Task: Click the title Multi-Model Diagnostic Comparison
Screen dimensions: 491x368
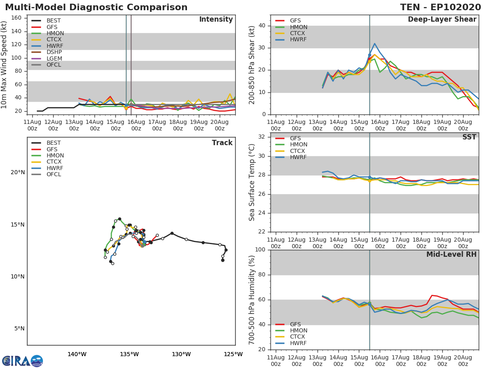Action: (x=96, y=7)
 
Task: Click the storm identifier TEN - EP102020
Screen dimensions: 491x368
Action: (x=440, y=7)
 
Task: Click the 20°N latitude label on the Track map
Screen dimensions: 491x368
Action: (x=18, y=173)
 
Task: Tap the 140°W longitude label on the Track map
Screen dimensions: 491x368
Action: (x=77, y=355)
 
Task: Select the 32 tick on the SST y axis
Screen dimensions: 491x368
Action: (x=262, y=137)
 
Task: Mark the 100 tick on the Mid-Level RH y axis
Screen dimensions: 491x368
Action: (x=260, y=250)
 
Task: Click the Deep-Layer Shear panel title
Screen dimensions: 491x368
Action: (x=442, y=20)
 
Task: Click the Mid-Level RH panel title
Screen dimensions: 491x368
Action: (x=451, y=254)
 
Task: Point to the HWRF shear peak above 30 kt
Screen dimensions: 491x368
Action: (x=375, y=44)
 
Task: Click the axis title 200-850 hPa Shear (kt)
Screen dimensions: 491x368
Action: (x=252, y=65)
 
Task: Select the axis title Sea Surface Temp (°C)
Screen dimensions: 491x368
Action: (x=252, y=182)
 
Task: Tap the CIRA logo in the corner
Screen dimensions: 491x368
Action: (x=23, y=361)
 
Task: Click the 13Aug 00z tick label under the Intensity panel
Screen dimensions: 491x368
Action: (x=74, y=126)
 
